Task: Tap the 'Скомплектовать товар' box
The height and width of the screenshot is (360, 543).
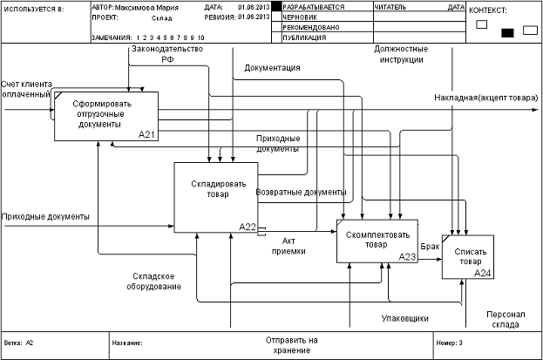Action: pos(377,241)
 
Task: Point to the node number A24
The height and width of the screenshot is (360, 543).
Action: pos(483,273)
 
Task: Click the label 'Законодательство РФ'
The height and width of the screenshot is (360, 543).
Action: pos(166,55)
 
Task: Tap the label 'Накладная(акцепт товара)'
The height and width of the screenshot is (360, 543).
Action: pos(485,99)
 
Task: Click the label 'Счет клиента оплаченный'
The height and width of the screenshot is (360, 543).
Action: pos(27,88)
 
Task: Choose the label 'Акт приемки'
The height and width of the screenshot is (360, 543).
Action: pos(295,245)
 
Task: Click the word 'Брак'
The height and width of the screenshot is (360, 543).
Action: pos(430,247)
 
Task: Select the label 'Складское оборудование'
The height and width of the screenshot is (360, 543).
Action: pos(151,281)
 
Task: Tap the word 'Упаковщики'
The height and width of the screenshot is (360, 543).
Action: pos(405,318)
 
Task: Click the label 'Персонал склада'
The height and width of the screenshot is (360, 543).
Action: pos(502,318)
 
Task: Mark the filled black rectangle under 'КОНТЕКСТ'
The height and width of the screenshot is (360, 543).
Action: pos(508,33)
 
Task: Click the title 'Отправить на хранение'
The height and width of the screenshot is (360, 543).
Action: pos(291,344)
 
